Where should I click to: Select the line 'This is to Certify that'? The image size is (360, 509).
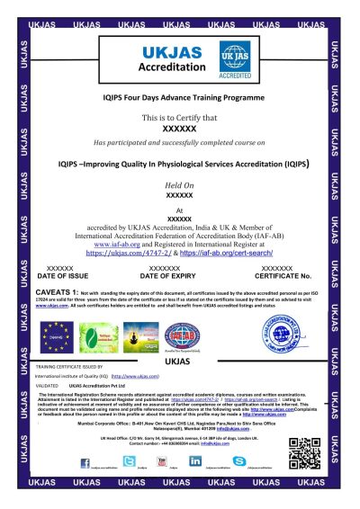click(x=180, y=118)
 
